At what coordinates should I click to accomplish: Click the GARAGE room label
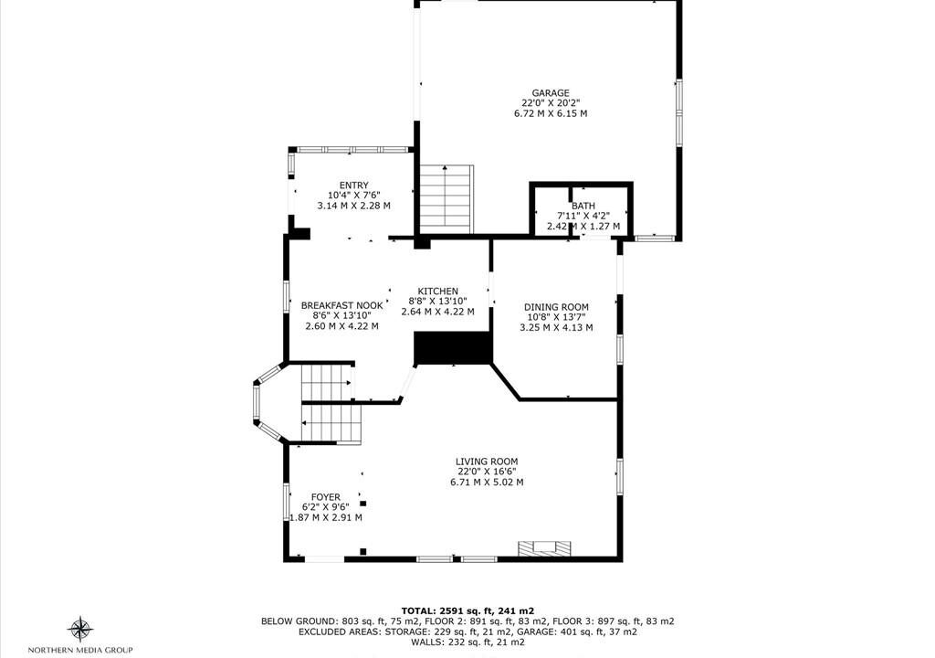coord(551,93)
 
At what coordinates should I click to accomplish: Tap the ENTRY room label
coord(354,186)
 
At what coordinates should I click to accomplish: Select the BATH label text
coord(583,206)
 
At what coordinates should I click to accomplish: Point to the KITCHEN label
coord(437,291)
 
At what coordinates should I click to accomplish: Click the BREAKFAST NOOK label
coord(342,306)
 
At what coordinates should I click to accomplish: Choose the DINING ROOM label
coord(556,307)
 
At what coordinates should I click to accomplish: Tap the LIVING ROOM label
coord(487,462)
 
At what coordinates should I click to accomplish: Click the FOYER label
coord(326,497)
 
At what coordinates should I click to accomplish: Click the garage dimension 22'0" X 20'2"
coord(551,103)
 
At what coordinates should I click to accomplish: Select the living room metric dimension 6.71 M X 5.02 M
coord(487,482)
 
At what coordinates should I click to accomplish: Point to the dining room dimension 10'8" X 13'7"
coord(556,317)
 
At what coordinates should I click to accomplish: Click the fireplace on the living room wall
coord(544,548)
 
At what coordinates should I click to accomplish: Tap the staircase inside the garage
coord(446,199)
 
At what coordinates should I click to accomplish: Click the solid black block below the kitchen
coord(453,348)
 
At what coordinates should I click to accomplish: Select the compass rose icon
coord(80,630)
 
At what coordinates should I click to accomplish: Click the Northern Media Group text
coord(80,650)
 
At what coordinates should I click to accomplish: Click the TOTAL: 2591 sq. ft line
coord(467,610)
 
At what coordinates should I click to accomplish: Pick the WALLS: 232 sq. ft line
coord(467,642)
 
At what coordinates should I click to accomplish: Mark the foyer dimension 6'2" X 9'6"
coord(326,507)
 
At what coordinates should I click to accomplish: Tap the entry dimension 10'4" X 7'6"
coord(354,196)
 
